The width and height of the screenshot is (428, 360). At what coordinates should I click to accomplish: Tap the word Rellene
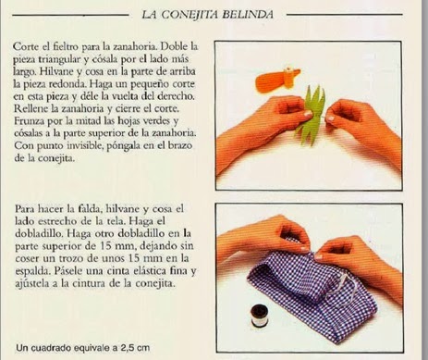tap(31, 108)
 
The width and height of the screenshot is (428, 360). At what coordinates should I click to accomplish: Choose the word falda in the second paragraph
tap(89, 209)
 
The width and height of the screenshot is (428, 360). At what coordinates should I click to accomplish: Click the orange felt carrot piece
tap(277, 80)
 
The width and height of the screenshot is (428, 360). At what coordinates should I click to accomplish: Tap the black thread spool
tap(259, 316)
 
